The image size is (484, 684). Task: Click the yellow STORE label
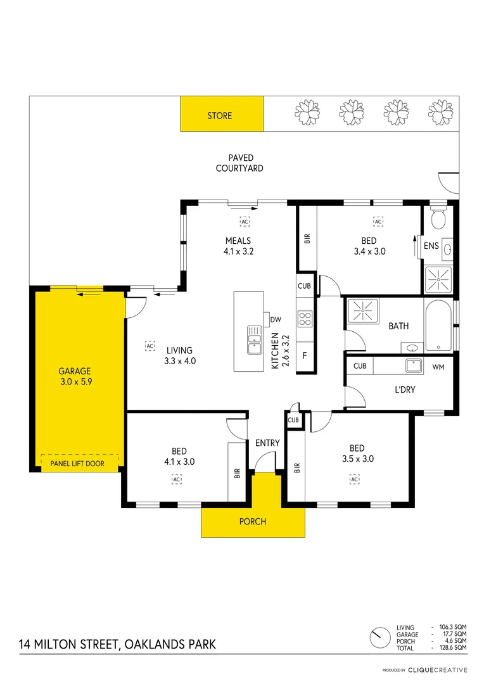[220, 116]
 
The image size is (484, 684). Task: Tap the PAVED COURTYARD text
[239, 163]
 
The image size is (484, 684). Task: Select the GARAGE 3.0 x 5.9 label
[75, 376]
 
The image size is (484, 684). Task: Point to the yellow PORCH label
[252, 522]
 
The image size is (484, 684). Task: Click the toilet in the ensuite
[438, 219]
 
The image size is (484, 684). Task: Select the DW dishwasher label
[276, 320]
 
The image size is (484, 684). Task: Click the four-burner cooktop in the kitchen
[305, 319]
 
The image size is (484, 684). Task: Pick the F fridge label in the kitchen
[305, 355]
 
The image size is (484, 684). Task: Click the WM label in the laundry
[438, 367]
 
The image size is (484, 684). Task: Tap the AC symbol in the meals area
[245, 222]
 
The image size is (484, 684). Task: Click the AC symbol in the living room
[150, 346]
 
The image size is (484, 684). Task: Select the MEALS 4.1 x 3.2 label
[238, 246]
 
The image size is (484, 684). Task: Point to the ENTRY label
[267, 443]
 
